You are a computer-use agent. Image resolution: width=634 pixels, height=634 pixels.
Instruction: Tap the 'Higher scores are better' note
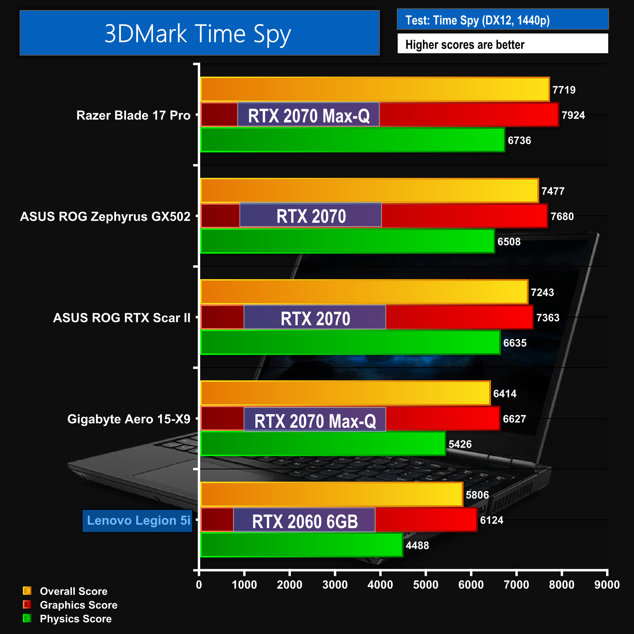point(465,44)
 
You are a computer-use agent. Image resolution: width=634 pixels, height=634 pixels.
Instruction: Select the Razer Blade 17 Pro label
point(133,115)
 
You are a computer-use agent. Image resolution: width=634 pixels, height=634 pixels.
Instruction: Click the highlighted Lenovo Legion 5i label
point(138,520)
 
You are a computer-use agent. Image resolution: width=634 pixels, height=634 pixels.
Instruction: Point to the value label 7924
point(573,115)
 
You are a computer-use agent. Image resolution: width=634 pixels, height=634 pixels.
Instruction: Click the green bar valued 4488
point(301,545)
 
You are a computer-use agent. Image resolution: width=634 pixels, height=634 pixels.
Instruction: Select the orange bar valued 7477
point(369,190)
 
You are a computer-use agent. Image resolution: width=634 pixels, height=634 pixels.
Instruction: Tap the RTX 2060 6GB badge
point(305,521)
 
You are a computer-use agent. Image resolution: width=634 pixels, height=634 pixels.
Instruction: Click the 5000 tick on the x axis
point(426,584)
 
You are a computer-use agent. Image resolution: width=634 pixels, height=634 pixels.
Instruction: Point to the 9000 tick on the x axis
point(607,584)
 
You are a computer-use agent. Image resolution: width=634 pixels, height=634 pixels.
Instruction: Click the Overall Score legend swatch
point(27,591)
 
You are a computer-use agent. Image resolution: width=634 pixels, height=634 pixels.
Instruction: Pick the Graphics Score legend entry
point(78,605)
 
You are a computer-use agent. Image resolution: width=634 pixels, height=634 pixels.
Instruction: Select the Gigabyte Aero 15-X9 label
point(129,419)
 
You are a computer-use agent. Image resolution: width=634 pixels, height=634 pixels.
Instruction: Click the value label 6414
point(505,393)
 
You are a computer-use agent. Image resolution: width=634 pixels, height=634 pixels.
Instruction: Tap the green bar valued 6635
point(350,343)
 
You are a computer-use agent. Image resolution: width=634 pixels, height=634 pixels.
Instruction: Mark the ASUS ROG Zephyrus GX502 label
point(105,217)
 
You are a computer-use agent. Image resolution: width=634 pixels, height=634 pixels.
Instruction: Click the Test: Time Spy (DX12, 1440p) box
point(503,20)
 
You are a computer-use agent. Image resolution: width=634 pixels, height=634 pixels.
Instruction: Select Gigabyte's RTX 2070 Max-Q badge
point(315,420)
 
